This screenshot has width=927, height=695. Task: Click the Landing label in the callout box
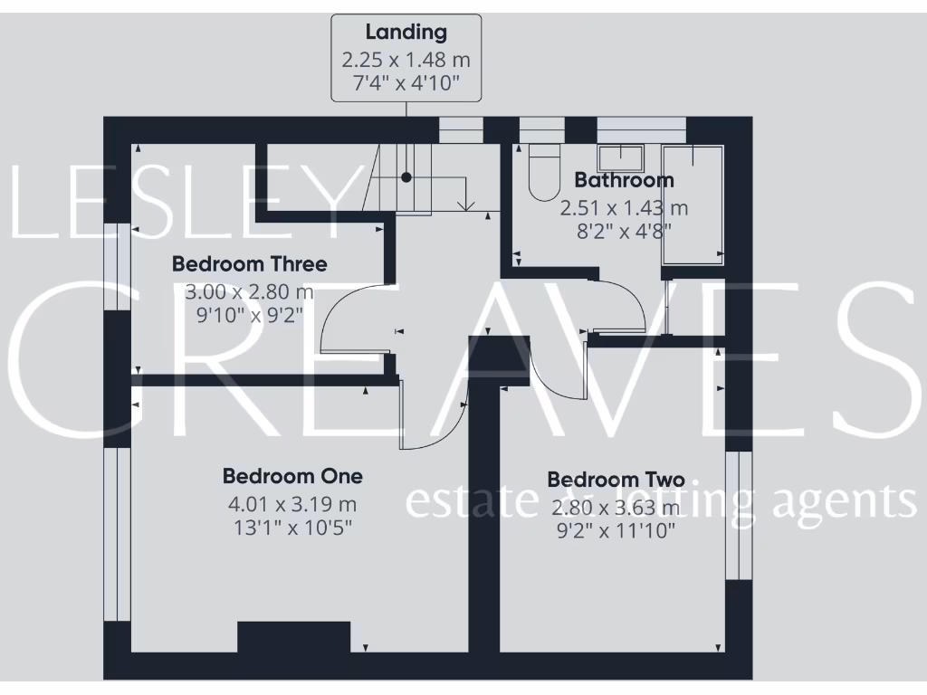(x=406, y=33)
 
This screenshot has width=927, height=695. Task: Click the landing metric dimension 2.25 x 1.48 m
(x=406, y=61)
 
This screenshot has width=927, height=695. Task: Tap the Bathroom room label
(x=624, y=180)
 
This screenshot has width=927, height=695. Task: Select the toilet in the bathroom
(x=545, y=174)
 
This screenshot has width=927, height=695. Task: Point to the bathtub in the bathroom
(x=693, y=204)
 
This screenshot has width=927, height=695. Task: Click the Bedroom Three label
(x=249, y=264)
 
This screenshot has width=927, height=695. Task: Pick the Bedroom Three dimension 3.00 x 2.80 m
(x=249, y=292)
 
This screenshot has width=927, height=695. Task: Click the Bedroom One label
(x=292, y=475)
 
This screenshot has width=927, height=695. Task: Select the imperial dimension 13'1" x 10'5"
(x=292, y=527)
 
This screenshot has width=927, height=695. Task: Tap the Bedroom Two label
(x=616, y=480)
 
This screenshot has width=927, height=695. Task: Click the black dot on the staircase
(x=407, y=178)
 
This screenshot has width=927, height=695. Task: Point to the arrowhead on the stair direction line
(x=465, y=206)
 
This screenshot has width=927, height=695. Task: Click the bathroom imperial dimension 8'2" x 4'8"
(x=624, y=230)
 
